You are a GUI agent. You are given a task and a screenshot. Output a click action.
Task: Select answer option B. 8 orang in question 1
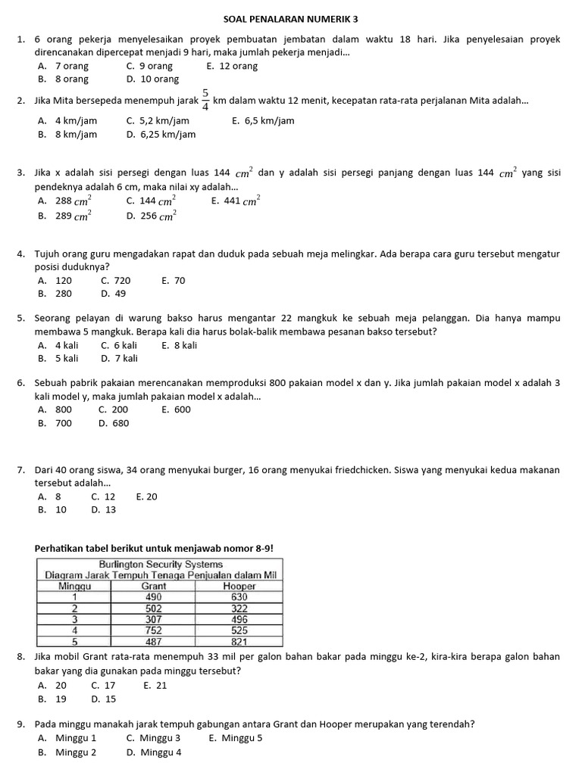(64, 79)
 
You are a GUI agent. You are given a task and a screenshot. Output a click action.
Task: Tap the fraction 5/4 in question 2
(205, 101)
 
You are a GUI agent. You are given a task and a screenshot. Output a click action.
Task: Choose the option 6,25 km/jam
(161, 135)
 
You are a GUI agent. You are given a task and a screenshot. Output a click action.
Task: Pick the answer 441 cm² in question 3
(236, 201)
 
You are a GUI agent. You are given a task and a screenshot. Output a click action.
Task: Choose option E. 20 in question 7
(147, 496)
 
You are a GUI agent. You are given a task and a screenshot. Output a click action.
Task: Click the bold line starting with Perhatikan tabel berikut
(154, 548)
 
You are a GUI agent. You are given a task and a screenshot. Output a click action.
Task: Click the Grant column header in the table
(154, 585)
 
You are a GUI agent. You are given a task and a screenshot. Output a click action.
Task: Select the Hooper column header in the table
(239, 585)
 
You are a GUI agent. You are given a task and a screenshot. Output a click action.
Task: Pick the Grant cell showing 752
(154, 628)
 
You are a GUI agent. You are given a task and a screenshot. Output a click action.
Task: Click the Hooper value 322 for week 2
(239, 607)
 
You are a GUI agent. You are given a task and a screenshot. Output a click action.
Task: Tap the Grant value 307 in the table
(154, 618)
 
